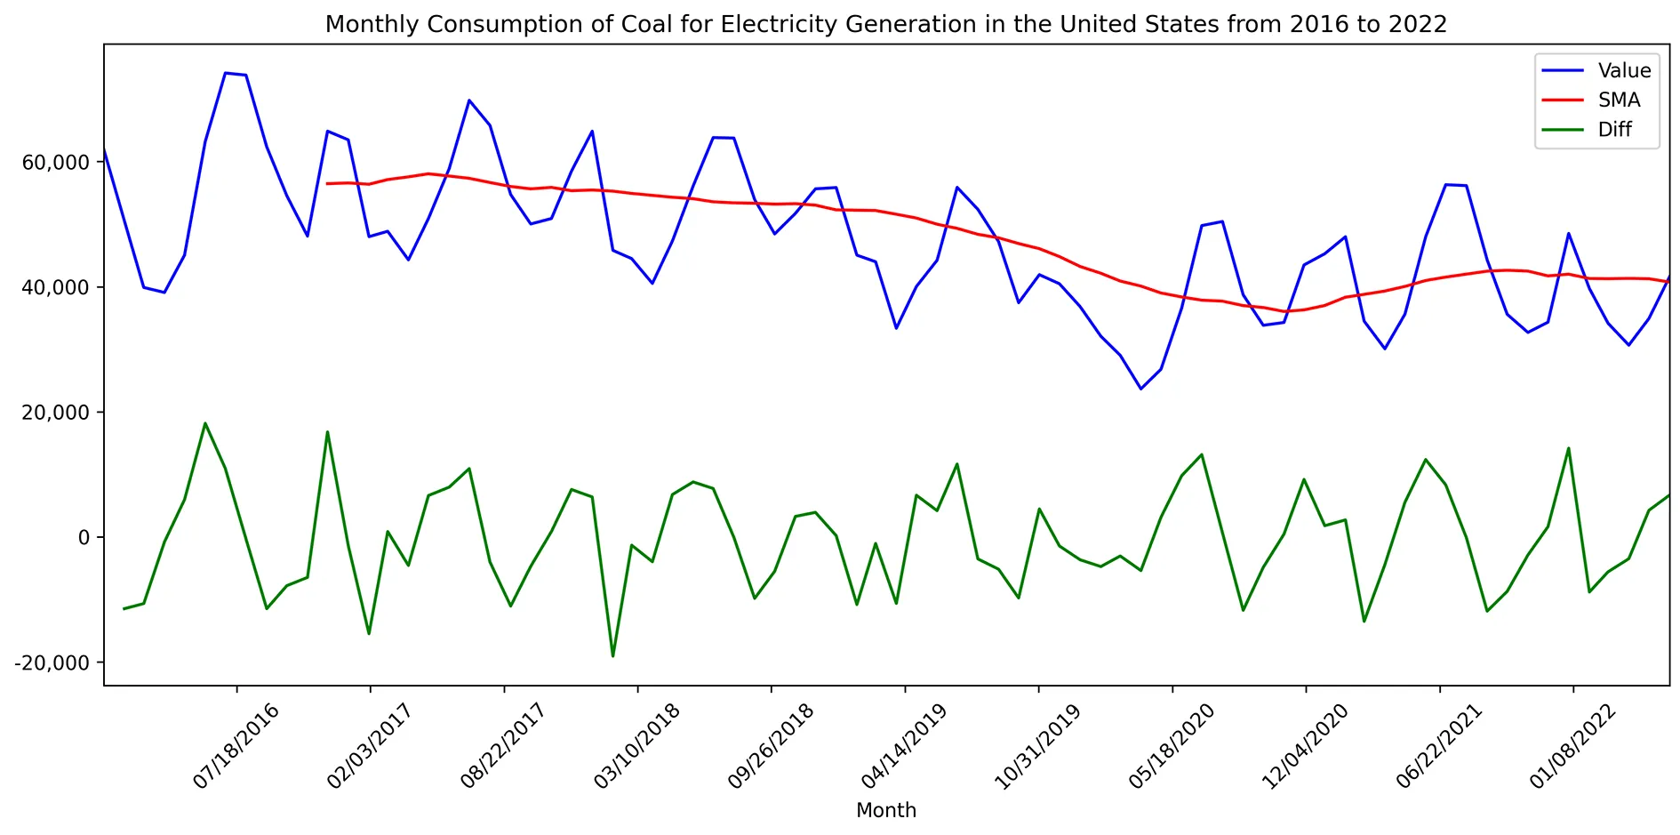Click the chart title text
[885, 24]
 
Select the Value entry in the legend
[1623, 71]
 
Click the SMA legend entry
[1619, 100]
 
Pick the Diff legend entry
[1614, 130]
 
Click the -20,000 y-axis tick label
[53, 663]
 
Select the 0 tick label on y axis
[84, 538]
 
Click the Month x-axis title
[885, 810]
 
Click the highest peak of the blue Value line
[226, 73]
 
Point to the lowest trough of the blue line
[1141, 389]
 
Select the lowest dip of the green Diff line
[612, 656]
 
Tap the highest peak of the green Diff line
[205, 423]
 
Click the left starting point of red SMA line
[327, 184]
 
